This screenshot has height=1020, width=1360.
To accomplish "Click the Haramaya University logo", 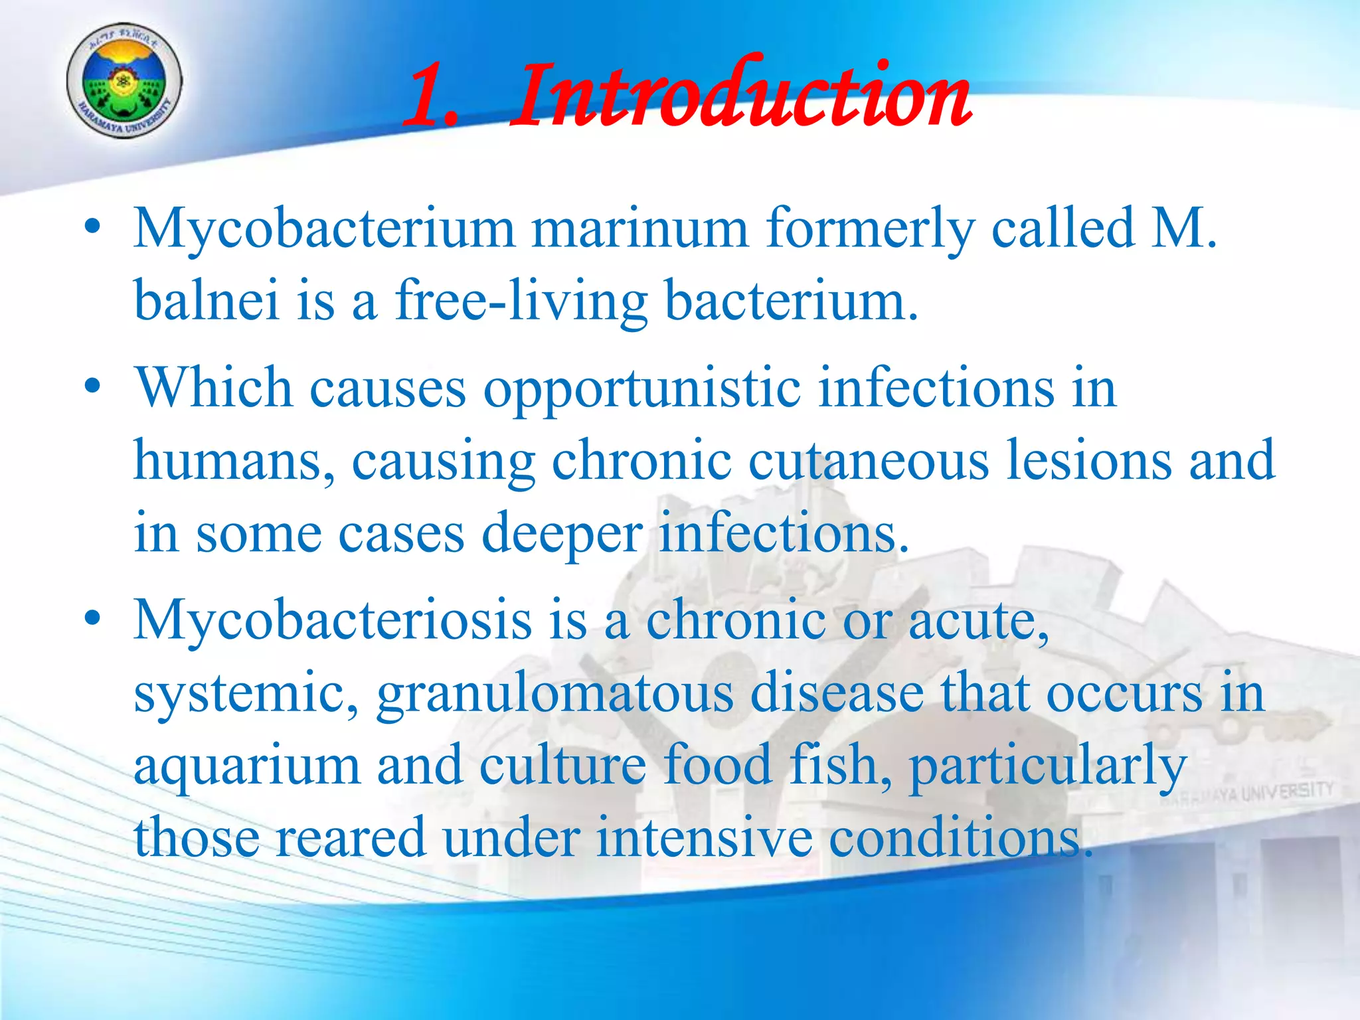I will pyautogui.click(x=124, y=81).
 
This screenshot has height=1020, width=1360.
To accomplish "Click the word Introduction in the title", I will pyautogui.click(x=740, y=96).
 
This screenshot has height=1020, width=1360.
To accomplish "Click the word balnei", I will pyautogui.click(x=207, y=300).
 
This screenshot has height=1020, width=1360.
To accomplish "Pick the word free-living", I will pyautogui.click(x=521, y=300).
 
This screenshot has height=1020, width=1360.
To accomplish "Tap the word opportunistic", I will pyautogui.click(x=641, y=388).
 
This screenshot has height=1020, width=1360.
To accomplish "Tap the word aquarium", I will pyautogui.click(x=247, y=765).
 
